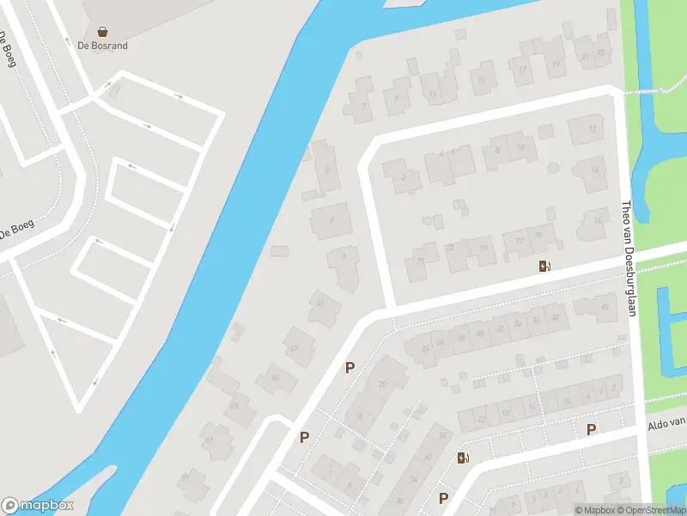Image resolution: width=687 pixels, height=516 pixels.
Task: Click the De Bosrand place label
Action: coord(103,46)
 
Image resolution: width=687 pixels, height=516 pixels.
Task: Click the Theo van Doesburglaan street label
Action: coord(627,259)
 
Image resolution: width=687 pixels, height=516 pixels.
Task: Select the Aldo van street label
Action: coord(666,423)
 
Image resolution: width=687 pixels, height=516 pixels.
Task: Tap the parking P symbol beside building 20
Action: coord(350,368)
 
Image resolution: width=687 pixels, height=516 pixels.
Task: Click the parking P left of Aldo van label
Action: coord(591,429)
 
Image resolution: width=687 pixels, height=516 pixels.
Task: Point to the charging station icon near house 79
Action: coord(544,266)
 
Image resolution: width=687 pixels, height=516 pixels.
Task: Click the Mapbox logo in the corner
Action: coord(38,506)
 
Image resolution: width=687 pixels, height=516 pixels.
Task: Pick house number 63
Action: coord(234,405)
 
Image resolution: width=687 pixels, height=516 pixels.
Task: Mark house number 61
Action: coord(209,440)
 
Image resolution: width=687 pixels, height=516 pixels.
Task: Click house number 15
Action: coord(482,81)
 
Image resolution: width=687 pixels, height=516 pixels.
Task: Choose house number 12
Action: coord(592,128)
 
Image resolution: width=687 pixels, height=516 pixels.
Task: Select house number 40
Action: coord(605,307)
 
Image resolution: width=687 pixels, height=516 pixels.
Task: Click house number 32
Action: coord(499,329)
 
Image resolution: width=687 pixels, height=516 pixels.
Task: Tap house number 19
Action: coord(556,64)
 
